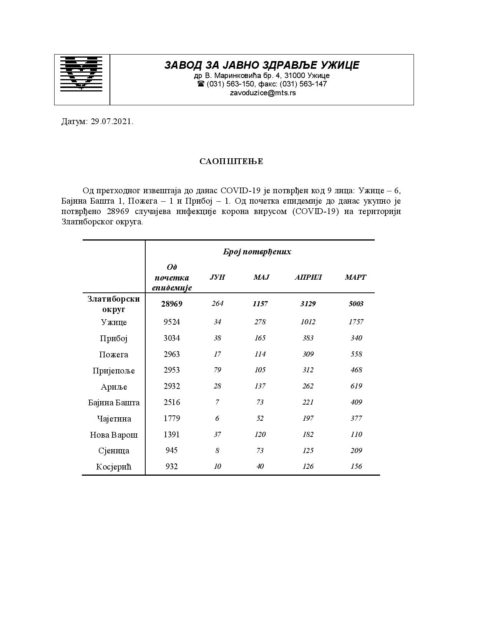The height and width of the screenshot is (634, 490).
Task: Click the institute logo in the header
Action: pos(81,74)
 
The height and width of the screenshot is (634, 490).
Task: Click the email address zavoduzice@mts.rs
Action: pos(263,93)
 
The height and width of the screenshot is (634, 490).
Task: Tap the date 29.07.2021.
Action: pos(112,122)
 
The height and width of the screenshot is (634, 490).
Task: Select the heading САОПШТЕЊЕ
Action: pos(231,161)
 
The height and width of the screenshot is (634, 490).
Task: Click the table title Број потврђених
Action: pos(257,252)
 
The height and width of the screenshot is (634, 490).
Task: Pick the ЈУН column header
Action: pos(217,277)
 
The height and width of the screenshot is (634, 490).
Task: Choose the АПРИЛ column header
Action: pos(308,277)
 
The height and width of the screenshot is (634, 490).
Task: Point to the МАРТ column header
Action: pos(355,277)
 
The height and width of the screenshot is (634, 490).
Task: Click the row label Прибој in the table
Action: pos(114,338)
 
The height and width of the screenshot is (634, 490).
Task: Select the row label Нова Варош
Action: pos(114,435)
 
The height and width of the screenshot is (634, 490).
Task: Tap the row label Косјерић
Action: pos(114,466)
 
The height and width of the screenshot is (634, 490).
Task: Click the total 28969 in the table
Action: pos(172,304)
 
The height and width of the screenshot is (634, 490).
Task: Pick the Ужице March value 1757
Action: pos(356,322)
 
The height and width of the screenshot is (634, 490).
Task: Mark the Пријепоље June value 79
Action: pos(218,370)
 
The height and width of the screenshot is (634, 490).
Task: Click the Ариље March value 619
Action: pos(356,386)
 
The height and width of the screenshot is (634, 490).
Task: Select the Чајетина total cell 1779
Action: pos(172,418)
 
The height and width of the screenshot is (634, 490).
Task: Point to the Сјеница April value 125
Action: pos(308,450)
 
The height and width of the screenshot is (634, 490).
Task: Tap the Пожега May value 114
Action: pos(260,354)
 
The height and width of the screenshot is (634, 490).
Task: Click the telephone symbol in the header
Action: pos(201,84)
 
